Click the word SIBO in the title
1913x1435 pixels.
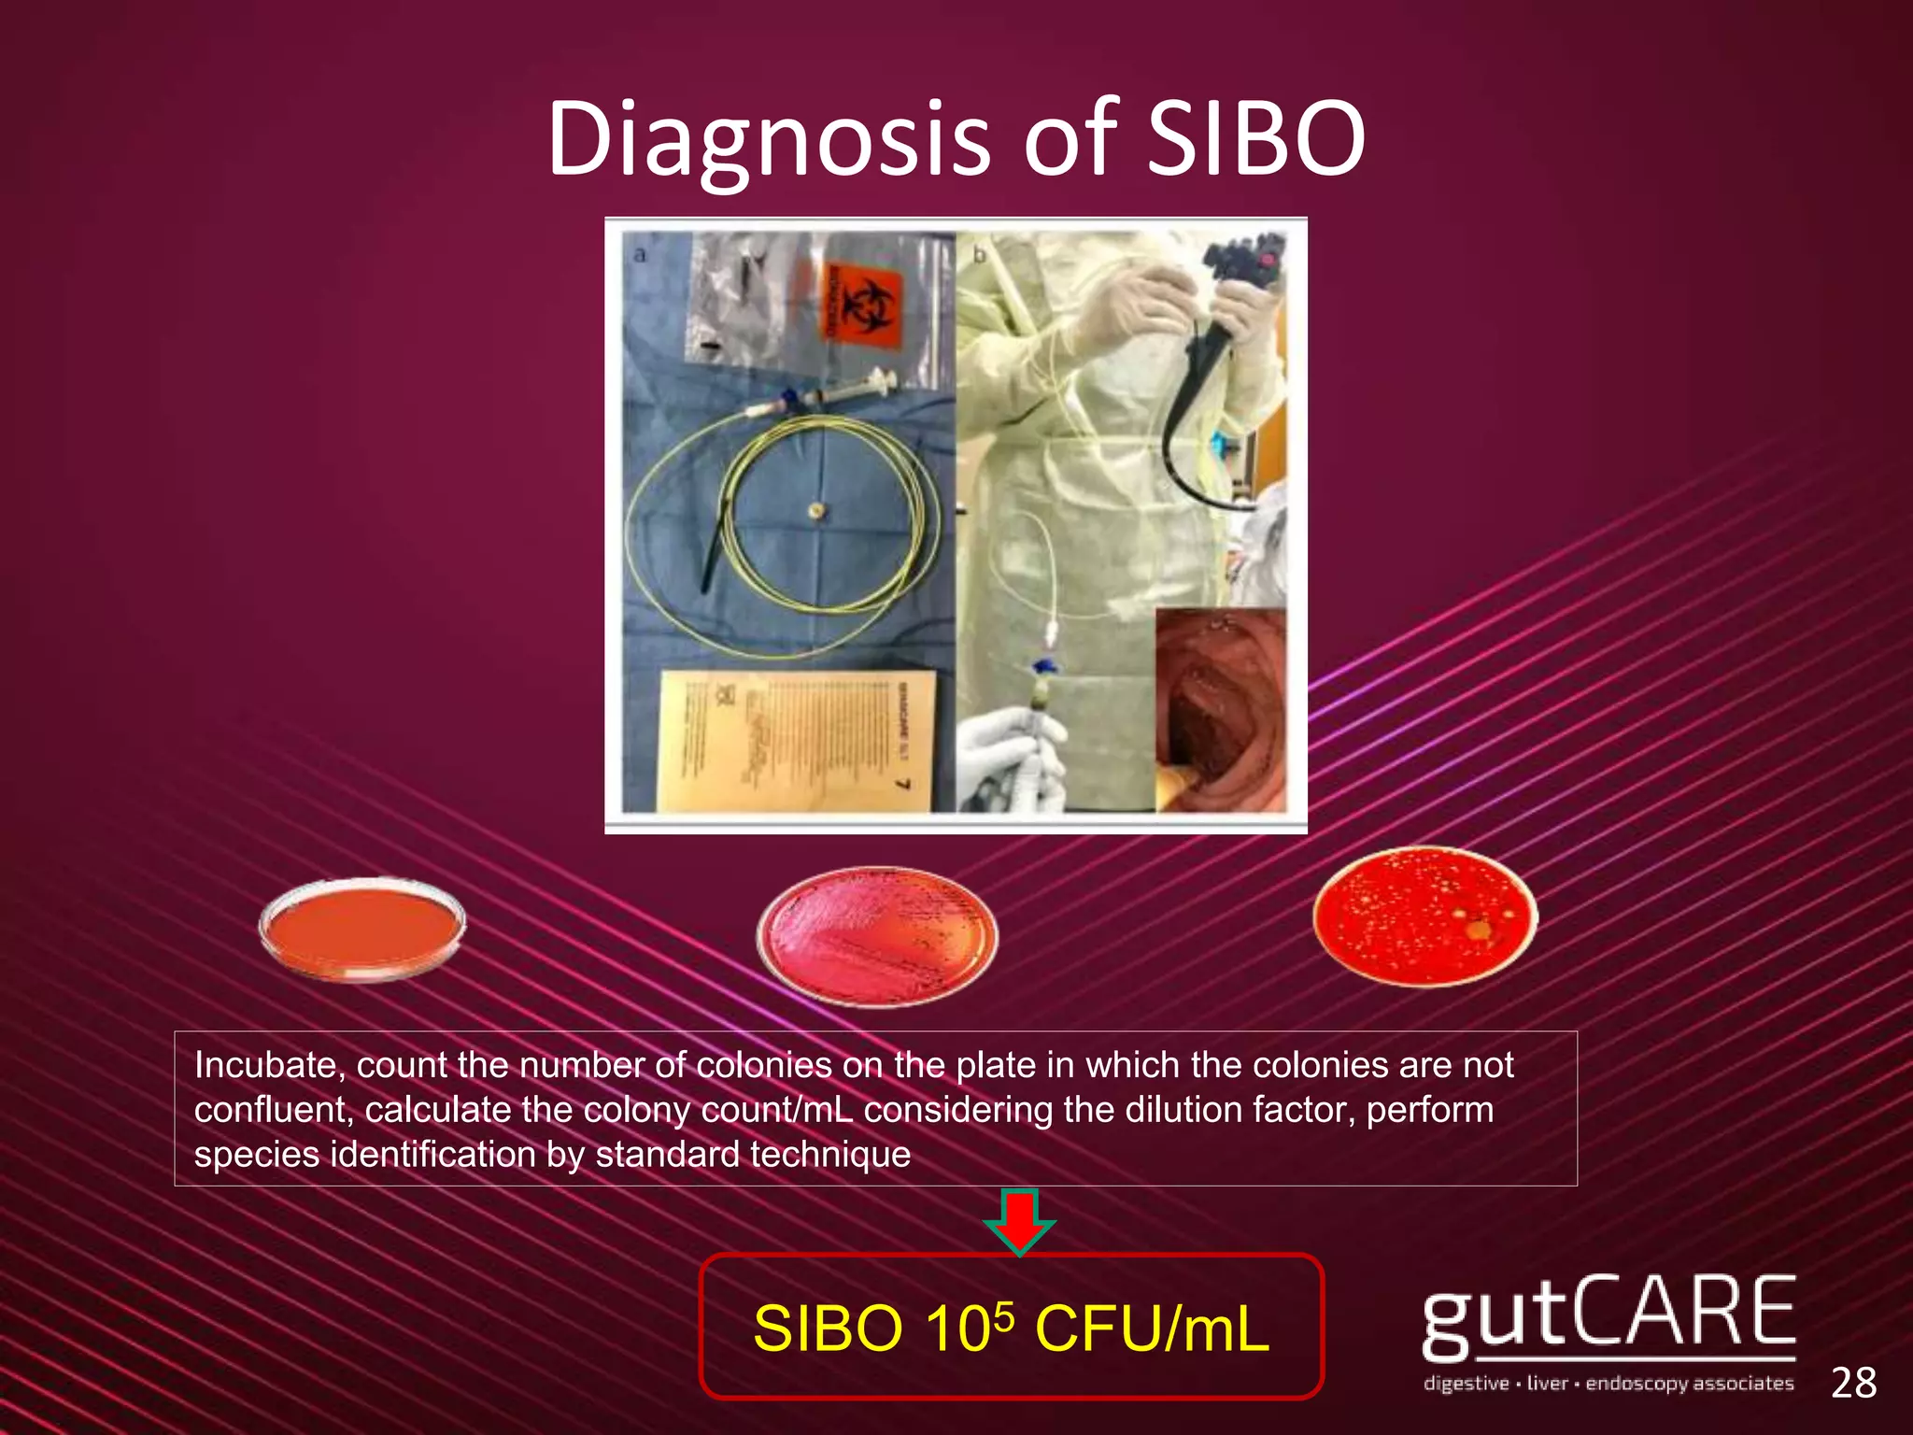tap(1256, 140)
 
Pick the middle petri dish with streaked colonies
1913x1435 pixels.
tap(876, 936)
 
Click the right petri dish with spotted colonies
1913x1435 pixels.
tap(1424, 916)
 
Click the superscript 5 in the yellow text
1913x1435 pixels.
tap(1002, 1310)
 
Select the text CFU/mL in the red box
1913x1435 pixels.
tap(1153, 1328)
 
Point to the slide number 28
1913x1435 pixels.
tap(1853, 1383)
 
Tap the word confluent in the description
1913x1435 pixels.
tap(272, 1110)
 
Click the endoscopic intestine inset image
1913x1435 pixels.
tap(1220, 710)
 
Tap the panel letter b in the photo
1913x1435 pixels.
tap(979, 254)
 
